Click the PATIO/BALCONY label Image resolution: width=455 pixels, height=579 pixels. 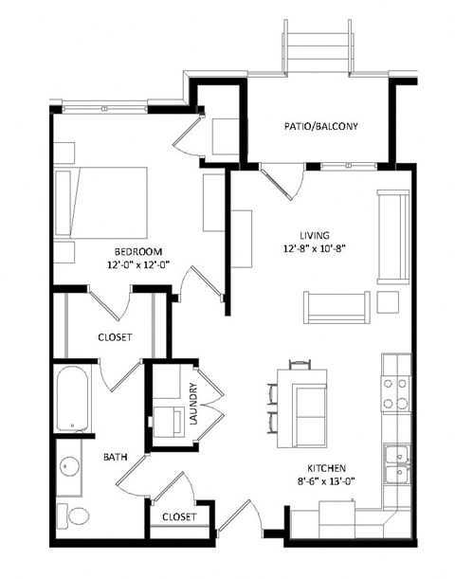point(322,126)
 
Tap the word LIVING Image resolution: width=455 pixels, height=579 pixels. point(313,236)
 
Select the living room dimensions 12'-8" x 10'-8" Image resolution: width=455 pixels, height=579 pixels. point(313,250)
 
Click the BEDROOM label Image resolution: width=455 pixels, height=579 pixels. point(138,251)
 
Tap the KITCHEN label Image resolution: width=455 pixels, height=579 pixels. point(326,469)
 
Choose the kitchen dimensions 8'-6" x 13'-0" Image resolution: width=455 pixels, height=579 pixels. point(326,482)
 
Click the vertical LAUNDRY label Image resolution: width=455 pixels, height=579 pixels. point(192,403)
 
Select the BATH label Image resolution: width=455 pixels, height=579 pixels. point(116,457)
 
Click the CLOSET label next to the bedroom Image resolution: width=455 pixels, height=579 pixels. point(115,337)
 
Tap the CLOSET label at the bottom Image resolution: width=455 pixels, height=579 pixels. point(178,517)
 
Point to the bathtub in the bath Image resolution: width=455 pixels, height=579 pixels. point(72,399)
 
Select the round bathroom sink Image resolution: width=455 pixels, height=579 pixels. point(68,468)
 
